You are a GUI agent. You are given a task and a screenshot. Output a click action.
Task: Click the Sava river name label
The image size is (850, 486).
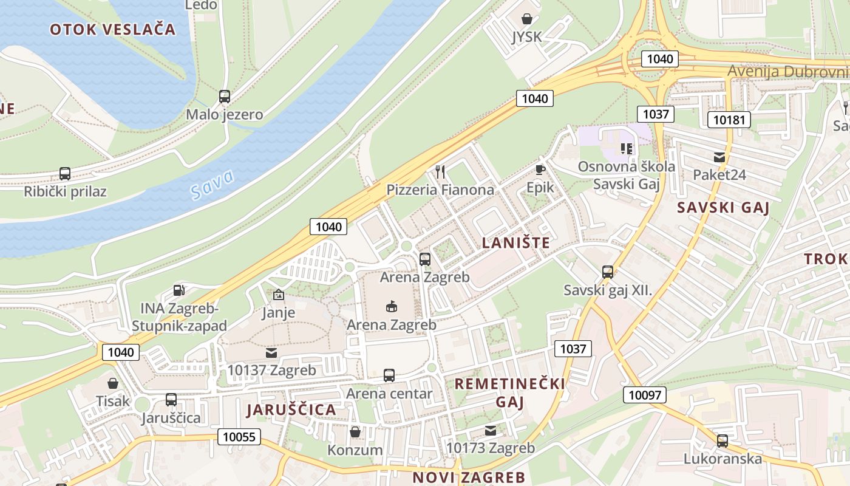212,185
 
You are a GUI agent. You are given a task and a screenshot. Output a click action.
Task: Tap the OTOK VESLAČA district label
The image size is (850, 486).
113,29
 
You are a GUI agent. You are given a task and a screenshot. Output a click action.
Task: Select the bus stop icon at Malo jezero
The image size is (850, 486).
225,96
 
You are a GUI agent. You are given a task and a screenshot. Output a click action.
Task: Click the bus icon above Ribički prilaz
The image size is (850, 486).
65,174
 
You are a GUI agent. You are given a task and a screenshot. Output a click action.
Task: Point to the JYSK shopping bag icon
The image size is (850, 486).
527,19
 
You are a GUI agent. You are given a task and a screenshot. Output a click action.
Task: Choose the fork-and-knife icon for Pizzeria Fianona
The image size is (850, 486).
441,172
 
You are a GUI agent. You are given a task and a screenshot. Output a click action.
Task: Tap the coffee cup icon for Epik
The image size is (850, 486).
540,169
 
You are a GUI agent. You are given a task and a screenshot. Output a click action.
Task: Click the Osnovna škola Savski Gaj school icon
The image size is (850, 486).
627,149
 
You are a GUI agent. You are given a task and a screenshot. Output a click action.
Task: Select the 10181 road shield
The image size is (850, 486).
729,120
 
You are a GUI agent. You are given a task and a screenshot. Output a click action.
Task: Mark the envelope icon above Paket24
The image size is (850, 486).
719,157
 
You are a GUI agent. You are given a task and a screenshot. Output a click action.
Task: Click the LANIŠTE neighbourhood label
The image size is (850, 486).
516,243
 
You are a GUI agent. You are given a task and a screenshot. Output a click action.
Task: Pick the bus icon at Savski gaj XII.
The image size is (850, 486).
608,272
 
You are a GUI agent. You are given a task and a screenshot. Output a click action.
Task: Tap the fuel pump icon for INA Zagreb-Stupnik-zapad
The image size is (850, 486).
178,291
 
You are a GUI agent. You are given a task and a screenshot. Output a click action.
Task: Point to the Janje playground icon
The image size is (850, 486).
279,295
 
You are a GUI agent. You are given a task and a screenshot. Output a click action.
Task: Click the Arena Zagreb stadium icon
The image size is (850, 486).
392,306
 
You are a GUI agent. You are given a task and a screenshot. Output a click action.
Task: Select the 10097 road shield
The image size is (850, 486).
644,395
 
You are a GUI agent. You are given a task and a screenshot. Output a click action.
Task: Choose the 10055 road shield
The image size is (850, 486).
239,437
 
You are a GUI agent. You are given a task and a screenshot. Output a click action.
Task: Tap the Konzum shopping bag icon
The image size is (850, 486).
355,432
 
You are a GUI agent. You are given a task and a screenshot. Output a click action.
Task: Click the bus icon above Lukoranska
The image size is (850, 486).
722,441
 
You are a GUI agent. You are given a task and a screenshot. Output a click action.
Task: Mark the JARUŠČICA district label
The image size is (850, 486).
291,409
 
